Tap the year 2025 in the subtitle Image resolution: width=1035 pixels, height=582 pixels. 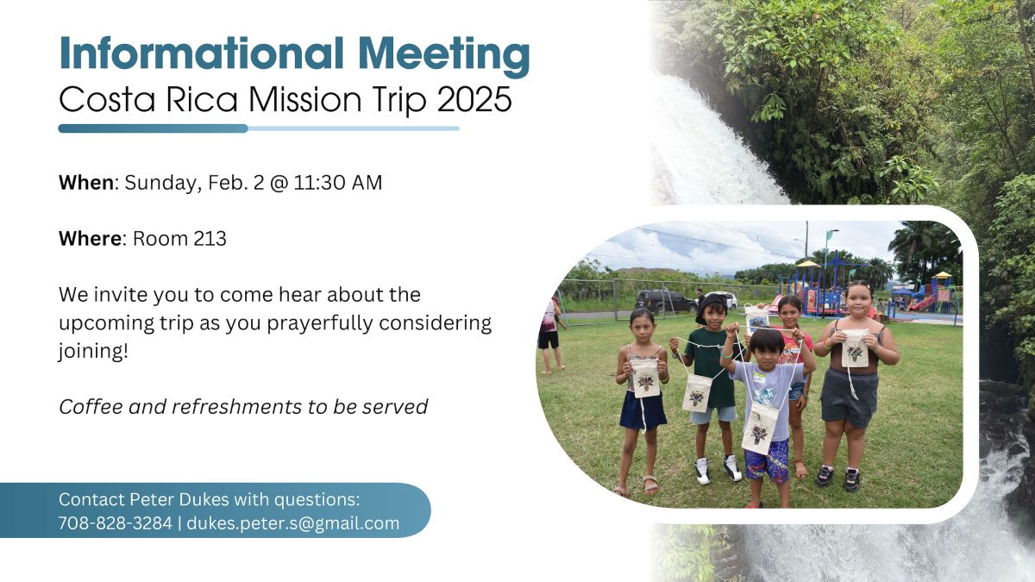(x=474, y=99)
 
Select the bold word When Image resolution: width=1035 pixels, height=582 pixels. (x=86, y=183)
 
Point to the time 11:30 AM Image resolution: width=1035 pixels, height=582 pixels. (x=338, y=183)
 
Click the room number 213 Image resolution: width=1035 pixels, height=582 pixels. (x=210, y=239)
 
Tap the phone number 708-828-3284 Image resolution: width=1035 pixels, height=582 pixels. (x=116, y=523)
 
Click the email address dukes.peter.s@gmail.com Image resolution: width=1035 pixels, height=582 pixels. (x=293, y=523)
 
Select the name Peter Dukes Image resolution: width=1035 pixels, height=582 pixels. (x=179, y=499)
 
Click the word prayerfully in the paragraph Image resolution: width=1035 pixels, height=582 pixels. (x=320, y=322)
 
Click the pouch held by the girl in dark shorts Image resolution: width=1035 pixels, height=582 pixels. (x=855, y=348)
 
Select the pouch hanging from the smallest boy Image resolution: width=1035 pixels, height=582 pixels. (x=759, y=429)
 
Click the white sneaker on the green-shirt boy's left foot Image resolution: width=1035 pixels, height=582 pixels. (x=732, y=468)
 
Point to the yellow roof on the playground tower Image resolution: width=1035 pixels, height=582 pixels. (x=807, y=264)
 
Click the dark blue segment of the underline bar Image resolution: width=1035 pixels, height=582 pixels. (x=153, y=128)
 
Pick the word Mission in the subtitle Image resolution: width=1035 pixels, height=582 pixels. (x=305, y=99)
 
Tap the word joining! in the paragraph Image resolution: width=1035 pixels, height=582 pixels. (x=93, y=352)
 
